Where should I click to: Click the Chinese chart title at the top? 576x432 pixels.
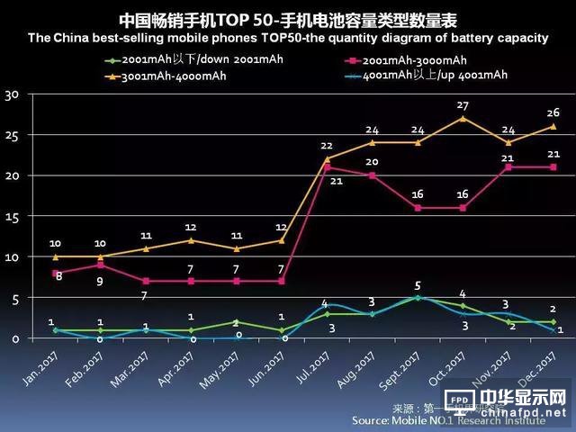tap(287, 18)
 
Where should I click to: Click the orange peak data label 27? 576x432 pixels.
tap(463, 105)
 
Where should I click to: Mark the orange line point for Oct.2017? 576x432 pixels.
tap(463, 118)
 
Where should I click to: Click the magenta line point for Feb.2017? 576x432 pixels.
tap(100, 265)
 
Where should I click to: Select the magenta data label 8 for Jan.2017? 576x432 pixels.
tap(58, 275)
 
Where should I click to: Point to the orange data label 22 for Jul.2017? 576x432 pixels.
tap(327, 146)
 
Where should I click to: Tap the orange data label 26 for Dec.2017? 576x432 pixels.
tap(553, 112)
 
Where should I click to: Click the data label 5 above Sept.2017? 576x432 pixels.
tap(418, 285)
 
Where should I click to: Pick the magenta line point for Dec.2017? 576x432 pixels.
tap(553, 166)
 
